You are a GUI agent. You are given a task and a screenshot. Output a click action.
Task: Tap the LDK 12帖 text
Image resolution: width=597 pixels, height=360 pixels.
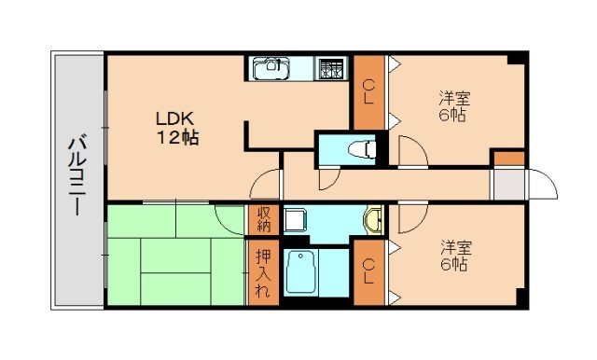[176, 128]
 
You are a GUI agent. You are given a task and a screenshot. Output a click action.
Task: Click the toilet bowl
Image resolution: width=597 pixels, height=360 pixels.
[360, 148]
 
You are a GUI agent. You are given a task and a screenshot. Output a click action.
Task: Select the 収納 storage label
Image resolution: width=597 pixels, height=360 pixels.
[263, 219]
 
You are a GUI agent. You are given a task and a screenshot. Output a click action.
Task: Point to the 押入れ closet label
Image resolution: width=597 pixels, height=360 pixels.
[263, 270]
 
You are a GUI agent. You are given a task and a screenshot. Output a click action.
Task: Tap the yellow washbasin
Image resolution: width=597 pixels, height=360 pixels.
[373, 220]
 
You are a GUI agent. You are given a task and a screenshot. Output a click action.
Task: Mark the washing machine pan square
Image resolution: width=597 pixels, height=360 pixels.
[297, 221]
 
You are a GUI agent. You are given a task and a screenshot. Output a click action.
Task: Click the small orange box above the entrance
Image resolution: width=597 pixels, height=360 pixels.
[508, 158]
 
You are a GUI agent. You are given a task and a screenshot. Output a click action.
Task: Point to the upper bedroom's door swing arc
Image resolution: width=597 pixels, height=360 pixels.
[410, 149]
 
